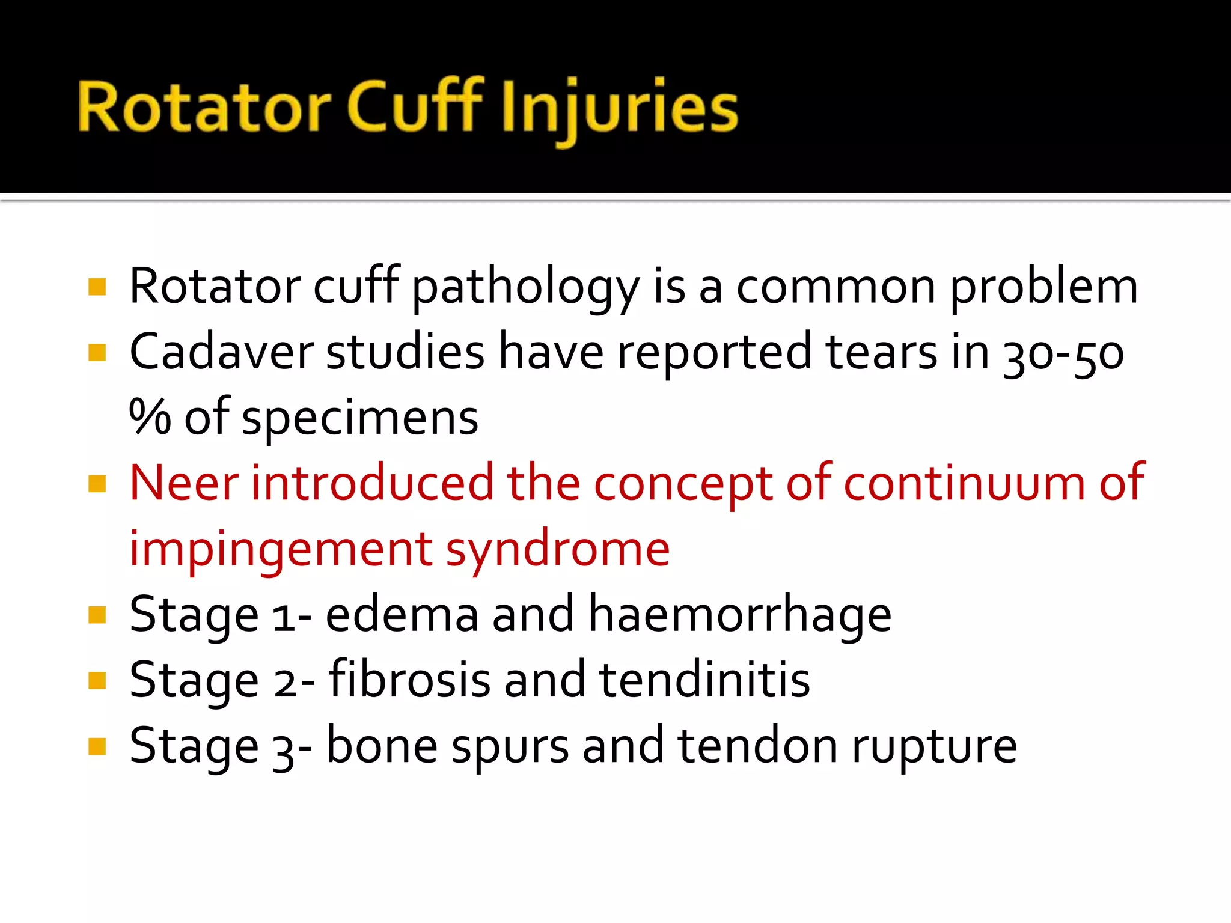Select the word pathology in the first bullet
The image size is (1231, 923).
tap(526, 288)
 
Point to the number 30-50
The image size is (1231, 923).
tap(1063, 355)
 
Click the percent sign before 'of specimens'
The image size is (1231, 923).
tap(150, 417)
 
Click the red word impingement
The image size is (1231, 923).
tap(281, 550)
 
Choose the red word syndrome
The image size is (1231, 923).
tap(557, 550)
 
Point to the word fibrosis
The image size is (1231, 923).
tap(409, 680)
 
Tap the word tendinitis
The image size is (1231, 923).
tap(704, 680)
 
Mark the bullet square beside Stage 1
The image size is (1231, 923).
tap(97, 615)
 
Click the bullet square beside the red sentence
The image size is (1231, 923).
tap(97, 484)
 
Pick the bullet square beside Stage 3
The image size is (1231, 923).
tap(97, 746)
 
